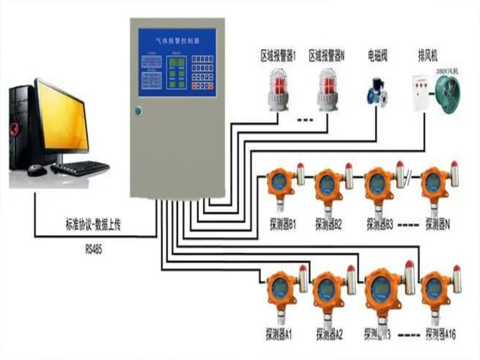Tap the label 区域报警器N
point(327,56)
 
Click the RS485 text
point(94,245)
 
